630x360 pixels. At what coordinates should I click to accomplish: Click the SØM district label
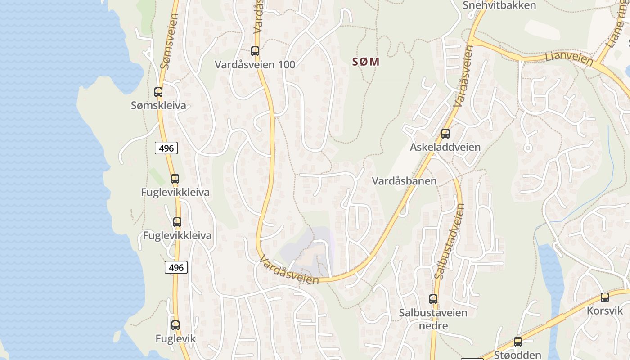[365, 62]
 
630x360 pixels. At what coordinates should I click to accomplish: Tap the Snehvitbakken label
[499, 5]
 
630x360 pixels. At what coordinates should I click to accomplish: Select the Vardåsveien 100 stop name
[255, 64]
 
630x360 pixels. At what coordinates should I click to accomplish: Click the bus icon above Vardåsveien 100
[255, 51]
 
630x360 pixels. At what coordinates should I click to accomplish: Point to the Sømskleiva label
[158, 106]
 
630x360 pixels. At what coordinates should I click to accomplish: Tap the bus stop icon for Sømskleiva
[158, 92]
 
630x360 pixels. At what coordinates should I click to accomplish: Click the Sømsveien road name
[169, 41]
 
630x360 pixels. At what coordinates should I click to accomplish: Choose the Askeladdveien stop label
[445, 147]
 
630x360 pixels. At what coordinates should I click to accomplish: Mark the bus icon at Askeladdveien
[445, 134]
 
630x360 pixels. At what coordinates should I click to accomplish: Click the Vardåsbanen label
[404, 181]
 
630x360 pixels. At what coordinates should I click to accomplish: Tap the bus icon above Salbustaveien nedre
[433, 299]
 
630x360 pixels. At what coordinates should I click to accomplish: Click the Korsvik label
[605, 310]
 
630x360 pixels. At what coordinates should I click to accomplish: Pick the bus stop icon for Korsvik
[605, 297]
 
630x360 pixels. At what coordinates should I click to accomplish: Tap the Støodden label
[517, 355]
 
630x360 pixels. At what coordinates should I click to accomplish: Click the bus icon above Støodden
[518, 342]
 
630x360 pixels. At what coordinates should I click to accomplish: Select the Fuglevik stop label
[175, 338]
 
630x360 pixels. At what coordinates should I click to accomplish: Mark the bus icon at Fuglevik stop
[175, 325]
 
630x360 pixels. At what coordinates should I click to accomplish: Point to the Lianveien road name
[567, 58]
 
